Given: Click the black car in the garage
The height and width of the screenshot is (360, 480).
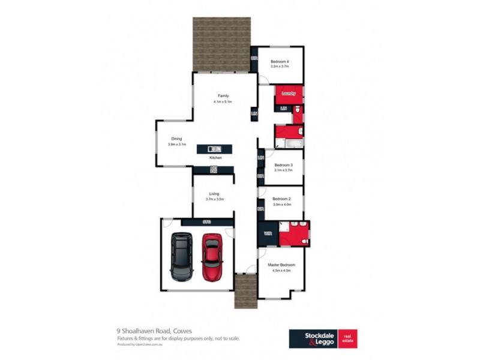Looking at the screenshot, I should coord(181,257).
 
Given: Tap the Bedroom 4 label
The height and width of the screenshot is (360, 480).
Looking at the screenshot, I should coord(280,62).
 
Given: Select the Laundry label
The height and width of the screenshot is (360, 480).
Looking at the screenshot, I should coord(289,94).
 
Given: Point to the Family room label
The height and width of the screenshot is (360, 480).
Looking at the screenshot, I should coord(223,96).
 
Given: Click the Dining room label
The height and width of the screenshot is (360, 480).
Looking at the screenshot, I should coord(176,139).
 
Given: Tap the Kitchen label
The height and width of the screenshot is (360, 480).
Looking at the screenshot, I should coord(215,158).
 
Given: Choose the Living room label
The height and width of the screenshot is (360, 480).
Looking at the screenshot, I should coord(214,193).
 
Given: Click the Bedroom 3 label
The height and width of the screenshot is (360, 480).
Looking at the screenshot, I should coord(283,164).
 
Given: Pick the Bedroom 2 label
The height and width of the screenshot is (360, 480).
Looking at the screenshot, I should coord(281,199).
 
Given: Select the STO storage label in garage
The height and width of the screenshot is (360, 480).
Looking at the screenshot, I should coord(207,223).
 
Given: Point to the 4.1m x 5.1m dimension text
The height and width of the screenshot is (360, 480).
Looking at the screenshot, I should coord(222,102).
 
